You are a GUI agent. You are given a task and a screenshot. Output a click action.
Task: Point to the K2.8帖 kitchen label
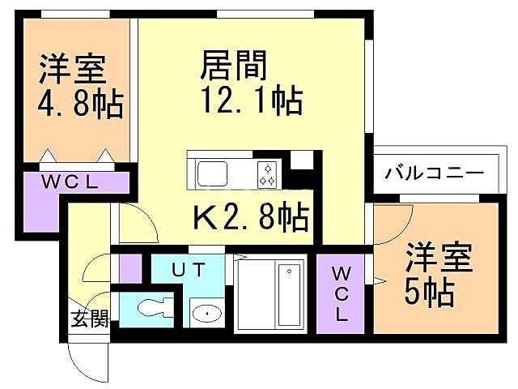(251, 216)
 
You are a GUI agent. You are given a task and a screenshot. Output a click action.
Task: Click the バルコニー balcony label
(434, 173)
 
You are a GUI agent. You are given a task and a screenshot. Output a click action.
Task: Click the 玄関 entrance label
(87, 318)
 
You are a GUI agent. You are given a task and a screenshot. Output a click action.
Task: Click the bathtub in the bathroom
(289, 293)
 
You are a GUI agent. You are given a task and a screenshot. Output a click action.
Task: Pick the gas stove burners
(268, 172)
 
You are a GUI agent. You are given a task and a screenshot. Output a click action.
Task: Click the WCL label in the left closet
(70, 183)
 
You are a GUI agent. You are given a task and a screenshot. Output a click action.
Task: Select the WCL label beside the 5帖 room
(340, 293)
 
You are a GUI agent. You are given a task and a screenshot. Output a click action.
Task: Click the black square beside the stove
(300, 160)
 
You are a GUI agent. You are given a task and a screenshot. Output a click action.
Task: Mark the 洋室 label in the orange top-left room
(73, 70)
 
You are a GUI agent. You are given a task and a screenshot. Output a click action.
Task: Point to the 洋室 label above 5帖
(429, 256)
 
